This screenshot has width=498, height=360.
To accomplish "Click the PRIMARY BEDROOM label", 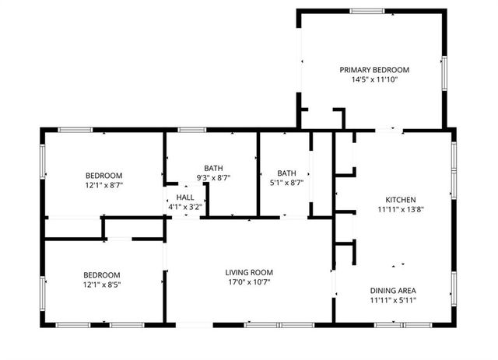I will (374, 69).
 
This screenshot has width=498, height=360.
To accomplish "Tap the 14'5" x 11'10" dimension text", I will (374, 79).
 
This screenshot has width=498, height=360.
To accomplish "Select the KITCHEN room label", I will (401, 198).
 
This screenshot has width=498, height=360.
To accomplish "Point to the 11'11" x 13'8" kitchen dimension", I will (401, 208).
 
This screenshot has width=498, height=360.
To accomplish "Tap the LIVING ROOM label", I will (249, 272).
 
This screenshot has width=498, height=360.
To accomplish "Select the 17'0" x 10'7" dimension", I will (249, 282).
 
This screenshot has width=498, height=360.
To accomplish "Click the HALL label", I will (184, 197).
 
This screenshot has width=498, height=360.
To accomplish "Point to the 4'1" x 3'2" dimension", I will (184, 207).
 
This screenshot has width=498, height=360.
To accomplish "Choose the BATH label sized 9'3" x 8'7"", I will (213, 168).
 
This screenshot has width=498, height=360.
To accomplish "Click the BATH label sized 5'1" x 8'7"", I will (287, 173).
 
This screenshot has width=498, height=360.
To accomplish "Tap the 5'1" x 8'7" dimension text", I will (287, 183).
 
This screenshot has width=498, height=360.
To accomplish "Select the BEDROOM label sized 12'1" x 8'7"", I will (103, 176).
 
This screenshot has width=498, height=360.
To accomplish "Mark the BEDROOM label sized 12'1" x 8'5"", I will (102, 274).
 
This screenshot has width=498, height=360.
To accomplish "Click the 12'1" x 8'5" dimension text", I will (102, 285).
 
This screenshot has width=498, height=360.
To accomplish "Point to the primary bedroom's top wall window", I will (366, 11).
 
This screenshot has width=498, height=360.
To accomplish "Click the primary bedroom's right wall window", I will (444, 73).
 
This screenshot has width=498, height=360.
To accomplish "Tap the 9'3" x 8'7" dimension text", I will (213, 178).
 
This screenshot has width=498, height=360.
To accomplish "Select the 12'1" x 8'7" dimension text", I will (103, 186).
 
